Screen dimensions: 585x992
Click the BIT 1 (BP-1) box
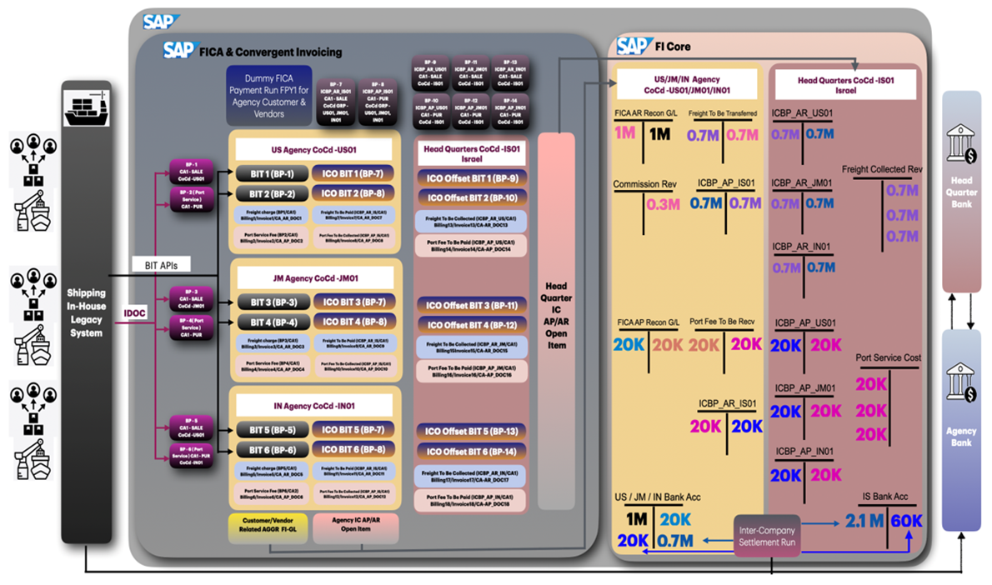[270, 174]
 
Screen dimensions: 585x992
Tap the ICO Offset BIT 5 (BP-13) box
[471, 431]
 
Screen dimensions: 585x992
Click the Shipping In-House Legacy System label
[87, 312]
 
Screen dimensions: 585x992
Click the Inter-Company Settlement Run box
[766, 537]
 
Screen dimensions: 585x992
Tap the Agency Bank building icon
[961, 384]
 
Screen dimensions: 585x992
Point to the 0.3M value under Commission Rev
[663, 204]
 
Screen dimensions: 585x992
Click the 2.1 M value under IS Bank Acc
[864, 521]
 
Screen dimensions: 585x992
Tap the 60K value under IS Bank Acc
[906, 521]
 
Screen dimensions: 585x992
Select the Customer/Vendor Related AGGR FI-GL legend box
[267, 527]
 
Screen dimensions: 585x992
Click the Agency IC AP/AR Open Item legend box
[356, 527]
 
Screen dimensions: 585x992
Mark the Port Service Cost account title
[888, 357]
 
